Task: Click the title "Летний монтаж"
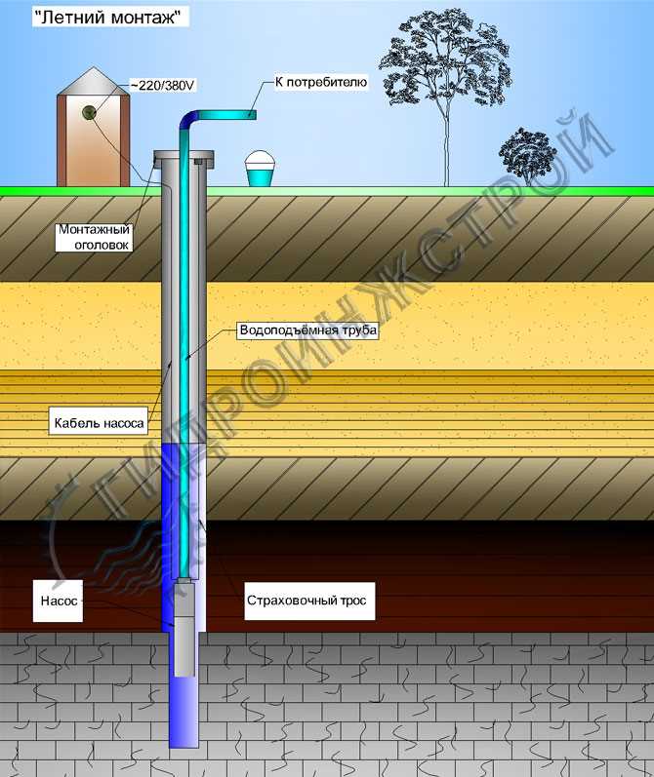[110, 17]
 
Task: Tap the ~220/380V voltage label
[164, 86]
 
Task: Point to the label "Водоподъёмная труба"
[307, 330]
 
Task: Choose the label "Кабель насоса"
[98, 424]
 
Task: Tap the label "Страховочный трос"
[306, 601]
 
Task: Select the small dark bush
[527, 152]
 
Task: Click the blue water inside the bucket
[260, 176]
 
